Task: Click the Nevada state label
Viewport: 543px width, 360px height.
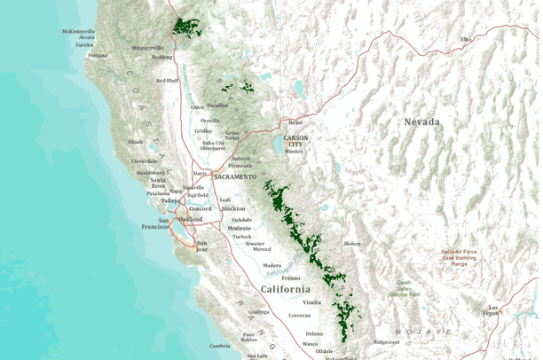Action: pyautogui.click(x=421, y=121)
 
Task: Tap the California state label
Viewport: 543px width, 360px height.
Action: pyautogui.click(x=285, y=289)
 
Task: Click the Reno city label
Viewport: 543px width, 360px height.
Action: pyautogui.click(x=295, y=121)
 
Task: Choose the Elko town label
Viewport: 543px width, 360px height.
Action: pyautogui.click(x=466, y=40)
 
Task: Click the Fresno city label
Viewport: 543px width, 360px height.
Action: pyautogui.click(x=291, y=278)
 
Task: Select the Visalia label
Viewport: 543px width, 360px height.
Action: pyautogui.click(x=311, y=302)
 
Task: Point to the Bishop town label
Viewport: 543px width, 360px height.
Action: pyautogui.click(x=352, y=243)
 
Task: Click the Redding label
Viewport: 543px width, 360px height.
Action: pyautogui.click(x=162, y=57)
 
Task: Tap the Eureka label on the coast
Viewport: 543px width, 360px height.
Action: pyautogui.click(x=84, y=45)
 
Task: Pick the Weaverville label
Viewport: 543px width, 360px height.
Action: pyautogui.click(x=148, y=47)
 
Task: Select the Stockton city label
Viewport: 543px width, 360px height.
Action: pyautogui.click(x=233, y=208)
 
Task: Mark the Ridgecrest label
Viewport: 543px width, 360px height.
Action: pyautogui.click(x=386, y=341)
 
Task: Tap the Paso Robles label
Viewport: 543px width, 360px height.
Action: pyautogui.click(x=249, y=337)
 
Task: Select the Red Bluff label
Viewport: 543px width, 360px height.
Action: pyautogui.click(x=168, y=81)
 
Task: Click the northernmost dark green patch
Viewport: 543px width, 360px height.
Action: pyautogui.click(x=187, y=27)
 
